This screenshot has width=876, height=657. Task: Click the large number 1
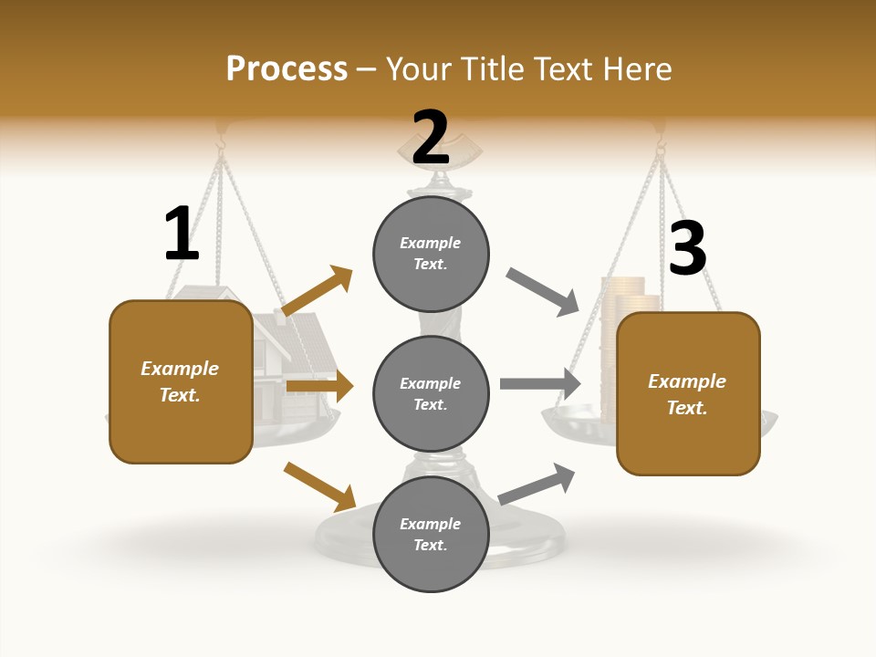pyautogui.click(x=181, y=234)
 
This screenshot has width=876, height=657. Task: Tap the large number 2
pyautogui.click(x=431, y=138)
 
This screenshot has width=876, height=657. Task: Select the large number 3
pyautogui.click(x=687, y=249)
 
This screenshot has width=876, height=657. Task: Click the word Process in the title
pyautogui.click(x=287, y=68)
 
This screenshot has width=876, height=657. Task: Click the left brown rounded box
pyautogui.click(x=181, y=381)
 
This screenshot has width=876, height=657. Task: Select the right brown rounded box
pyautogui.click(x=688, y=393)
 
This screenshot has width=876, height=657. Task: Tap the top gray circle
pyautogui.click(x=431, y=254)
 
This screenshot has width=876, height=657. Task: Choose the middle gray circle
pyautogui.click(x=431, y=393)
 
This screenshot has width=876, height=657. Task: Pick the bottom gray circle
pyautogui.click(x=431, y=534)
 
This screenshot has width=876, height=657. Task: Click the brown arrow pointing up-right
pyautogui.click(x=318, y=291)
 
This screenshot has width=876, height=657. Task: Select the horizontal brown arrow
pyautogui.click(x=319, y=387)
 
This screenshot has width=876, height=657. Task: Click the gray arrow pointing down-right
pyautogui.click(x=543, y=292)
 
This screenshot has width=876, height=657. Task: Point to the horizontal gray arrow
pyautogui.click(x=540, y=383)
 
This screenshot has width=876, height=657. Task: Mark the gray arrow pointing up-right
pyautogui.click(x=537, y=484)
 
